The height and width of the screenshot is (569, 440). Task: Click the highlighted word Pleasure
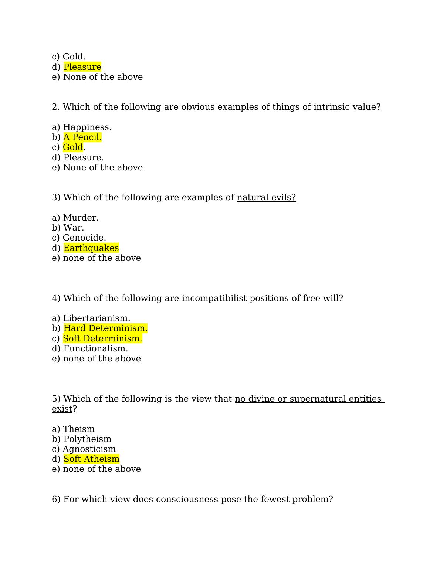[82, 67]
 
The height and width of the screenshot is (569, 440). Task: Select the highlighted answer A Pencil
[82, 137]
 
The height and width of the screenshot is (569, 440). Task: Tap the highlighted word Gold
[73, 147]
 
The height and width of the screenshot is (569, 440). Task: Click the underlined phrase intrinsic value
[347, 107]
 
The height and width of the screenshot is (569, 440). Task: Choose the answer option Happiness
[87, 127]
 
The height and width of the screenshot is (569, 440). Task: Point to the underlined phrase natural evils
[266, 197]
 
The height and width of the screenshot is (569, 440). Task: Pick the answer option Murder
[81, 218]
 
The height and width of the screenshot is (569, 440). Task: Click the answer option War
[74, 228]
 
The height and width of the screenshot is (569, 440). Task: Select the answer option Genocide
[84, 238]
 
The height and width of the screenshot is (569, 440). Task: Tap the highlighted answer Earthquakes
[91, 248]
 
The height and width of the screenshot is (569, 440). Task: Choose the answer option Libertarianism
[97, 318]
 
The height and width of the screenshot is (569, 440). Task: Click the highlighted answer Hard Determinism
[105, 328]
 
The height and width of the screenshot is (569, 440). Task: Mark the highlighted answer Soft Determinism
[102, 338]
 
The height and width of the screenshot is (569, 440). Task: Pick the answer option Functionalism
[95, 348]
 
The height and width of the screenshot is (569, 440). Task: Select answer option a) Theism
[79, 429]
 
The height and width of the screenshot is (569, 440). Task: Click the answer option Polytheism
[87, 439]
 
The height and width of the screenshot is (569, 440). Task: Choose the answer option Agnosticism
[89, 449]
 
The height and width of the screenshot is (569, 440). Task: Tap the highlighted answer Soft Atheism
[91, 459]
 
